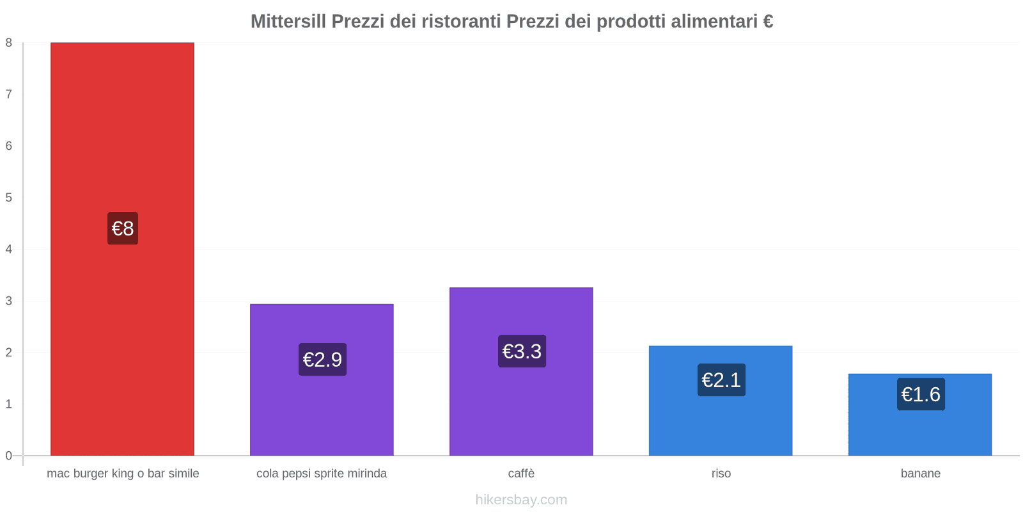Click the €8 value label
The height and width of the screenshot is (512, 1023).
coord(123,228)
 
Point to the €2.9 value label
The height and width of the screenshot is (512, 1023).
coord(322,360)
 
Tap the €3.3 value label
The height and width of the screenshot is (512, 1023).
coord(522,351)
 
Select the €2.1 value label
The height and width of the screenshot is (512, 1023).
coord(721,380)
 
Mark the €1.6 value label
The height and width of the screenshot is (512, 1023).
coord(921,394)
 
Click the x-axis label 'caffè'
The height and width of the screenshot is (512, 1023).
coord(521,474)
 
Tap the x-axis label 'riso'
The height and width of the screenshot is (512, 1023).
coord(721,474)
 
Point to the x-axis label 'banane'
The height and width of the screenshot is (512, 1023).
coord(921,474)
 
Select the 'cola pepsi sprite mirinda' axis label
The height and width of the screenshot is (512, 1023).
coord(322,474)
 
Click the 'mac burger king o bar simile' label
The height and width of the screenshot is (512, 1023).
coord(123,474)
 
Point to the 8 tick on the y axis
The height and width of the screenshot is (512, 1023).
coord(9,43)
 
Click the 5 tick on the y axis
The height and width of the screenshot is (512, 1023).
coord(9,198)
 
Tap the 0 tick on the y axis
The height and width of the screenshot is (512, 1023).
coord(9,456)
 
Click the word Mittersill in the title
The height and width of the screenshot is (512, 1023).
coord(288,22)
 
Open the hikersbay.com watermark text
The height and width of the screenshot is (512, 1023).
coord(521,500)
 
